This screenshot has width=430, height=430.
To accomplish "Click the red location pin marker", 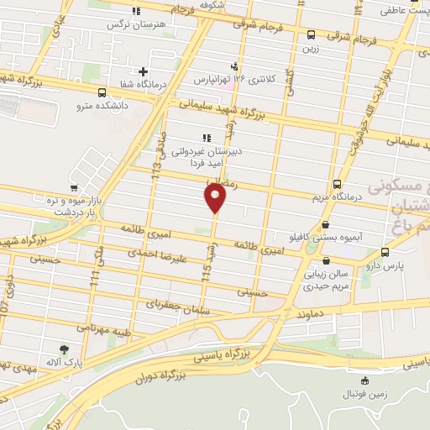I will click(x=216, y=198).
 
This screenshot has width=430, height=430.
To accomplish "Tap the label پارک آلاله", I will click(x=63, y=362).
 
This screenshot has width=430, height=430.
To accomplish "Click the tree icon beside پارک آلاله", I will click(x=64, y=349).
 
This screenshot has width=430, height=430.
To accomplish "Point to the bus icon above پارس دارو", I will click(x=385, y=252).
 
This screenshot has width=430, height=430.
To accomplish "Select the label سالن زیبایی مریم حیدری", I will click(x=327, y=281).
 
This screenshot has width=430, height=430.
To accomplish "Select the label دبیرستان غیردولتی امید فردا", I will click(x=206, y=160).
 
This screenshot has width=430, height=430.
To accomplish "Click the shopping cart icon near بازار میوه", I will click(x=76, y=188).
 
